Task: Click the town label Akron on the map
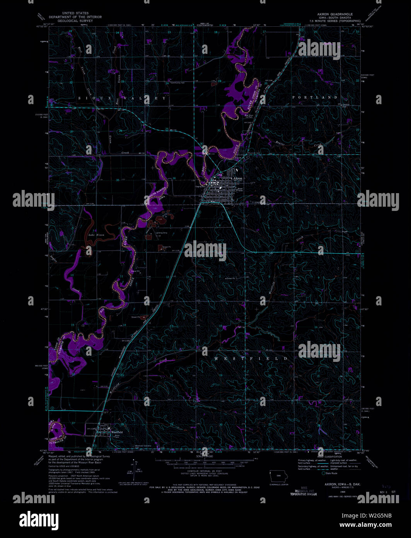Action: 237,178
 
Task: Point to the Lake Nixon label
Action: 96,235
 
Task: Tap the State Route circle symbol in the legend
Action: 324,473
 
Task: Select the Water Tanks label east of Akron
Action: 240,190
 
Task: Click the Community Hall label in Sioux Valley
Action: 178,83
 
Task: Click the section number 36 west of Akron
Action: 174,178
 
